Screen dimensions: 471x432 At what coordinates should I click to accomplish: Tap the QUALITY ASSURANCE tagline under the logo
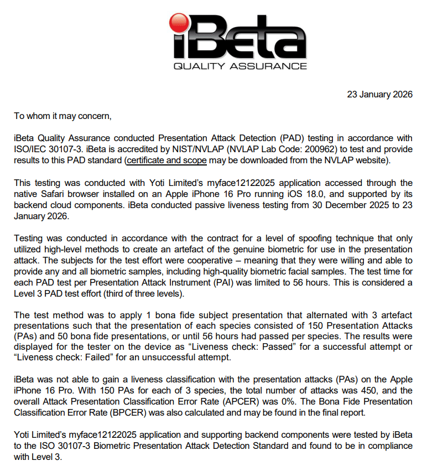click(x=240, y=66)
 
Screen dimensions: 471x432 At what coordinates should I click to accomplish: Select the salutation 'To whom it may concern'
click(x=62, y=116)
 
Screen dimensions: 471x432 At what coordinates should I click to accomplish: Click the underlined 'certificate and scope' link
click(x=166, y=161)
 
